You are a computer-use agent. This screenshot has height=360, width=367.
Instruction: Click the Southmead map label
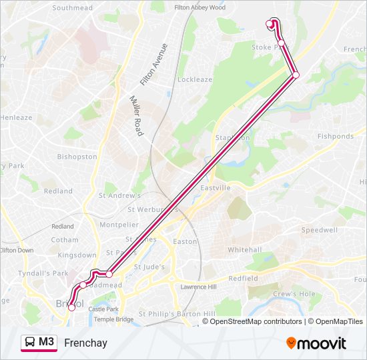click(x=72, y=8)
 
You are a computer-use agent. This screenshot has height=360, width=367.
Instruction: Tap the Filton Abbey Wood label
click(x=200, y=7)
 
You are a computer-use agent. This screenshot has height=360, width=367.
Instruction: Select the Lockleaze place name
click(x=195, y=79)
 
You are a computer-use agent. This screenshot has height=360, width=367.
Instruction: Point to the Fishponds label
click(x=335, y=136)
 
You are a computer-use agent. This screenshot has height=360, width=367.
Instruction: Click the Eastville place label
click(x=216, y=188)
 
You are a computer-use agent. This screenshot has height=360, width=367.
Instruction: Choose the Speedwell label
click(x=320, y=229)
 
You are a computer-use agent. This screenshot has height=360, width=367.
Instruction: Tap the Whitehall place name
click(x=244, y=249)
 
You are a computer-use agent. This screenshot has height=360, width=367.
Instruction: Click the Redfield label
click(x=243, y=278)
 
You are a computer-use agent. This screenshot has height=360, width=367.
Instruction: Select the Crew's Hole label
click(x=294, y=294)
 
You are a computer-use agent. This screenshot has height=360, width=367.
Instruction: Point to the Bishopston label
click(x=77, y=157)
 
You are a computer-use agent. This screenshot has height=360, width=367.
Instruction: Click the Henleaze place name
click(x=16, y=117)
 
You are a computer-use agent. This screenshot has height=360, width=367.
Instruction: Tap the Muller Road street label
click(x=136, y=115)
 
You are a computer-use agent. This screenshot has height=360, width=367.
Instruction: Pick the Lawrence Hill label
click(x=198, y=287)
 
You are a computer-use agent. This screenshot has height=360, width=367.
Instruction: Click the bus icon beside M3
click(x=30, y=343)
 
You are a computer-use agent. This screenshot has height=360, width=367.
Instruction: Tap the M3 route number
click(x=47, y=342)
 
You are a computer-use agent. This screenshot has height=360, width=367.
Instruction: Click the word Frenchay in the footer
click(x=85, y=343)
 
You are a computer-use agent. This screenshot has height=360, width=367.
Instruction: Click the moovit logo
click(x=316, y=343)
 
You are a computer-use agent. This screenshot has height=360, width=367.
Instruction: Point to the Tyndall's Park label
click(x=43, y=273)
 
